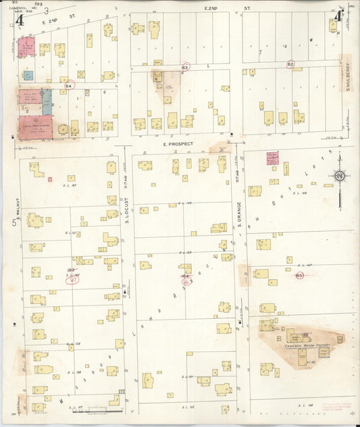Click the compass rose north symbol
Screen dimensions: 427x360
(339, 176)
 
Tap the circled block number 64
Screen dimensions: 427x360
(69, 86)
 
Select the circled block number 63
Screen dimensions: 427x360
(185, 68)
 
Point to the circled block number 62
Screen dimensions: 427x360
(290, 64)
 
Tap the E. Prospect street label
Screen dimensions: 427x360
(178, 144)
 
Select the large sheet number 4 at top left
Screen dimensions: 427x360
(20, 20)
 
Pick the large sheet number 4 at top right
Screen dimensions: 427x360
(337, 16)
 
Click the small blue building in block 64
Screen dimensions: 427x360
(29, 75)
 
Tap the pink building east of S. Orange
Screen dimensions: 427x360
(273, 158)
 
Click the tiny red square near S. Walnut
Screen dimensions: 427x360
(50, 179)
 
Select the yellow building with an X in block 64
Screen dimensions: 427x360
(81, 74)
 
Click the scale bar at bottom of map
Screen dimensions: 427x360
(107, 407)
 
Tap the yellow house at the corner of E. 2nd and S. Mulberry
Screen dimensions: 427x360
(333, 26)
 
